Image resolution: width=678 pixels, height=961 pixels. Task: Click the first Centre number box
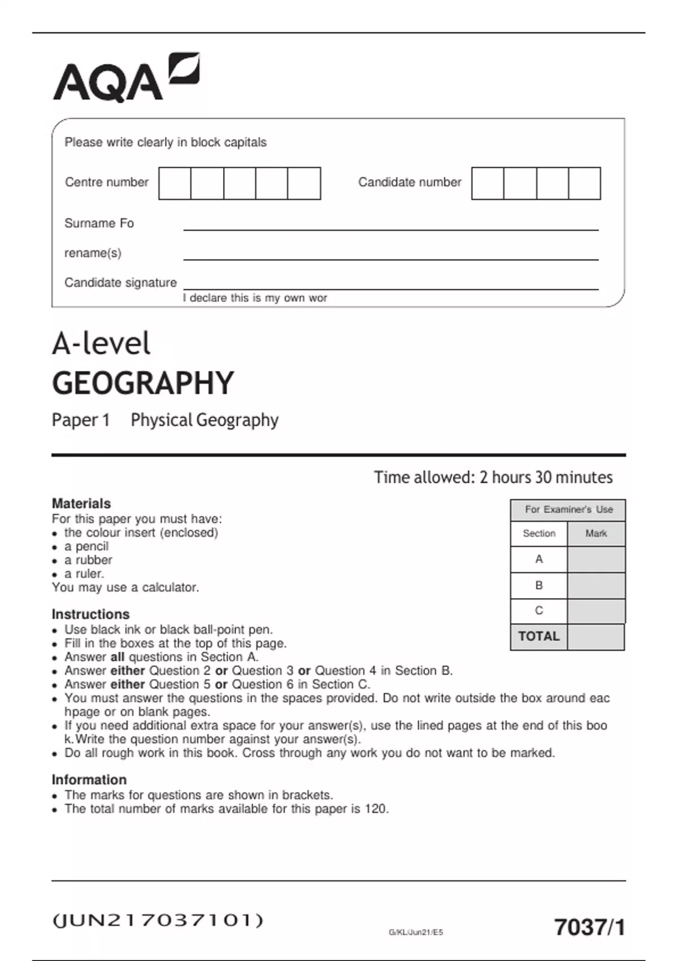pyautogui.click(x=175, y=183)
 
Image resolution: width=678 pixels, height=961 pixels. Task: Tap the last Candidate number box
pyautogui.click(x=584, y=183)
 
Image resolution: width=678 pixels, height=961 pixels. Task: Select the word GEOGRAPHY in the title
pyautogui.click(x=143, y=383)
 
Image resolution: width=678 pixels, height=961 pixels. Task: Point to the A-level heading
pyautogui.click(x=101, y=343)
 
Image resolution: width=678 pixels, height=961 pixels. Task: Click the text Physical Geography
pyautogui.click(x=205, y=420)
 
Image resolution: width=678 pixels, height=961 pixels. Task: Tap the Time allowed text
pyautogui.click(x=493, y=477)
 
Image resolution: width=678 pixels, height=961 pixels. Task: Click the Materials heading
pyautogui.click(x=81, y=503)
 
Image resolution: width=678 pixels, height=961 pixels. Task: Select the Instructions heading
pyautogui.click(x=90, y=614)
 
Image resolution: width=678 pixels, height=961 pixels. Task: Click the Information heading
pyautogui.click(x=89, y=780)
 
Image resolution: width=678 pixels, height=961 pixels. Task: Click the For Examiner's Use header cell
pyautogui.click(x=568, y=509)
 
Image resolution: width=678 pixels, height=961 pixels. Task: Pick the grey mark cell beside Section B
pyautogui.click(x=596, y=586)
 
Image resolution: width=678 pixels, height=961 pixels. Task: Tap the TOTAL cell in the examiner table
pyautogui.click(x=538, y=637)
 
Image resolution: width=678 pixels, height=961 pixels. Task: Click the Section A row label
pyautogui.click(x=538, y=559)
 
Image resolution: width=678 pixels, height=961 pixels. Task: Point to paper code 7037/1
pyautogui.click(x=589, y=927)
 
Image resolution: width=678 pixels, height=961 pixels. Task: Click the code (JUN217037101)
pyautogui.click(x=158, y=920)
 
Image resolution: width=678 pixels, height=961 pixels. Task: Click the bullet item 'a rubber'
pyautogui.click(x=88, y=560)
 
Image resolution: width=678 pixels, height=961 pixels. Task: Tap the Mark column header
pyautogui.click(x=596, y=533)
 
